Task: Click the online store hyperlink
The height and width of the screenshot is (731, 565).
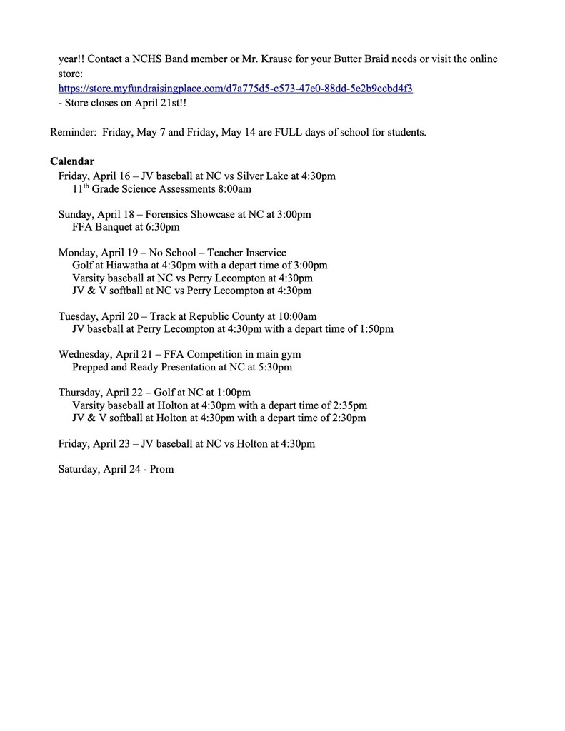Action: point(235,89)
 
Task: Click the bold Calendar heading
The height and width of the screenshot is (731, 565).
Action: point(72,161)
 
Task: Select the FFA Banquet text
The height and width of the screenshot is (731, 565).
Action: point(101,228)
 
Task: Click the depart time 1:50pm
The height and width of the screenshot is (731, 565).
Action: point(376,329)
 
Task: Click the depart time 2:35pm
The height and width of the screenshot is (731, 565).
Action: point(350,405)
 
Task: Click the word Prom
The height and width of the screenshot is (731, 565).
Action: point(161,470)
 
